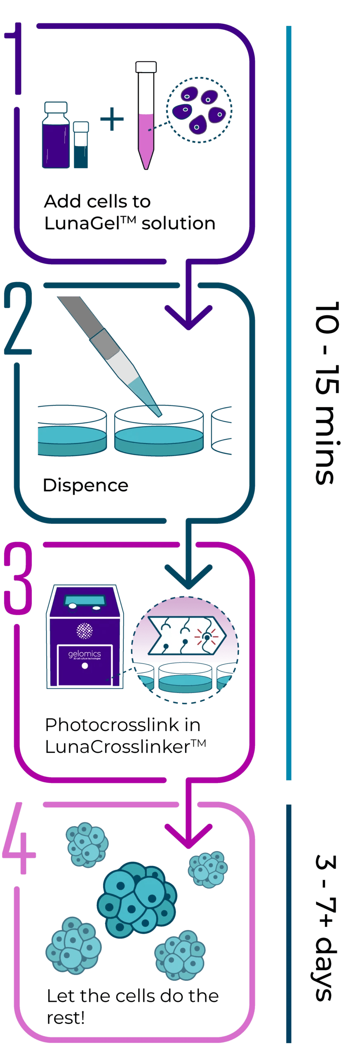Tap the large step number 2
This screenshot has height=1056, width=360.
[x=18, y=318]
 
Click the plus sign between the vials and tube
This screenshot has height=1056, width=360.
[x=112, y=119]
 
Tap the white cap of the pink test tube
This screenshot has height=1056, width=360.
[x=146, y=67]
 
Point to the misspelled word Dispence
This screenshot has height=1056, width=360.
[x=86, y=486]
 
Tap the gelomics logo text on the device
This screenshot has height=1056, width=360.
[x=85, y=654]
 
